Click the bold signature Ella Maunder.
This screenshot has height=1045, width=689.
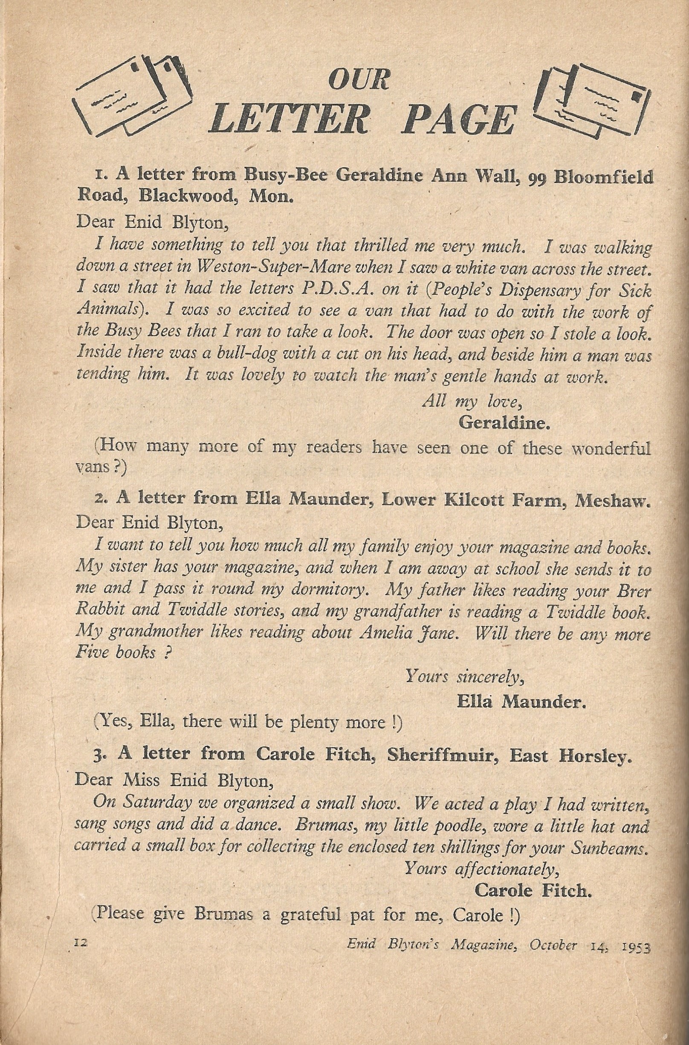pyautogui.click(x=521, y=702)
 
